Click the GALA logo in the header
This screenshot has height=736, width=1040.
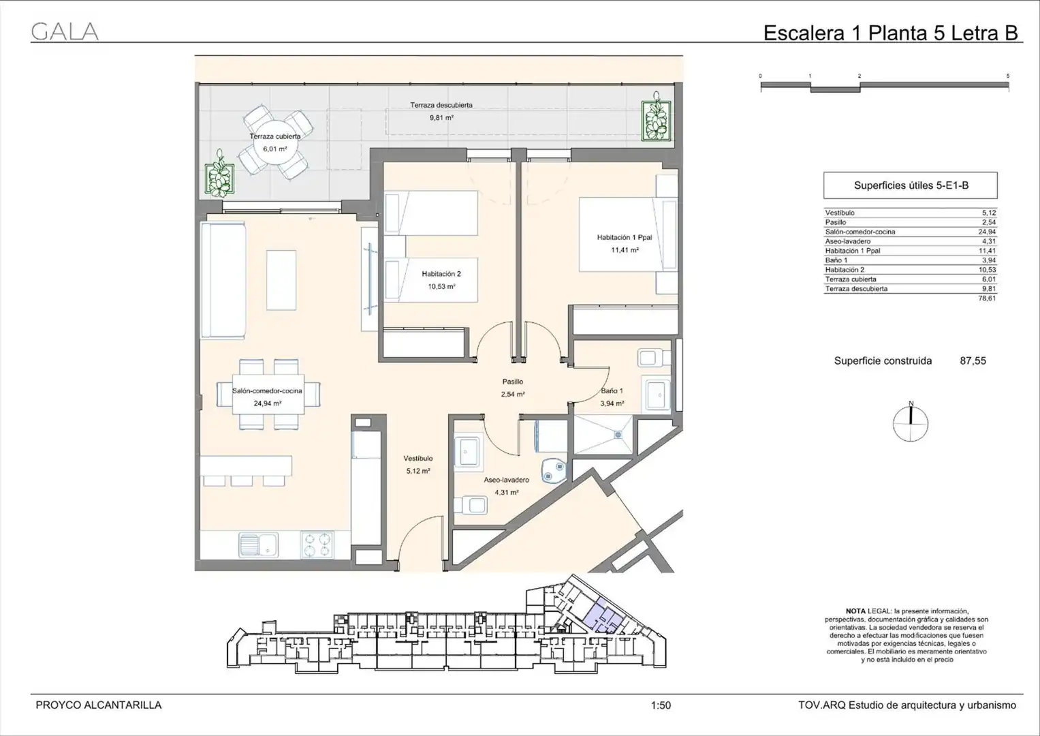(x=65, y=31)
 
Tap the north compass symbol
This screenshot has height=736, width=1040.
(x=911, y=422)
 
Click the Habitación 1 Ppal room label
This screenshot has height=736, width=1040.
(x=625, y=237)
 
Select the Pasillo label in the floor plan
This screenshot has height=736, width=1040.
(x=513, y=382)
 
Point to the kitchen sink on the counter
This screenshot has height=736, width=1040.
(x=259, y=545)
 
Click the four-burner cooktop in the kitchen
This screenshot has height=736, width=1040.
(x=317, y=545)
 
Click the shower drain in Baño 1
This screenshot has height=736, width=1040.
(x=618, y=435)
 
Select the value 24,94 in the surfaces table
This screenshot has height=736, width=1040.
(x=987, y=232)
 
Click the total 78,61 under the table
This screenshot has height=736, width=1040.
(x=987, y=298)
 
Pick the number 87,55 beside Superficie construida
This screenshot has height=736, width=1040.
(x=973, y=361)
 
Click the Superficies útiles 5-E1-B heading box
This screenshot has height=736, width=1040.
(x=911, y=185)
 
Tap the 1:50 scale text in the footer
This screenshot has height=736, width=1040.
(x=661, y=705)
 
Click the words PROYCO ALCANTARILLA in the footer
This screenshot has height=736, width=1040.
(x=99, y=705)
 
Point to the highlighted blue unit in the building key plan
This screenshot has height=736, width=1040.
(x=603, y=617)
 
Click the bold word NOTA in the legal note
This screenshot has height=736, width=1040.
(x=855, y=611)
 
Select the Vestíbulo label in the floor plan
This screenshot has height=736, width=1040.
(x=418, y=458)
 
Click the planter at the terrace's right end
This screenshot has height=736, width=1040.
(x=656, y=119)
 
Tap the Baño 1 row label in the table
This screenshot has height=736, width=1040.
(x=836, y=260)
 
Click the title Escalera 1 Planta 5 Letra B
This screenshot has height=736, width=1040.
(x=890, y=33)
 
